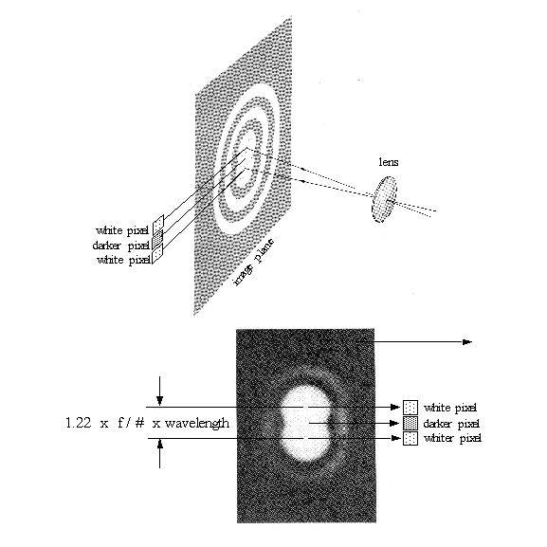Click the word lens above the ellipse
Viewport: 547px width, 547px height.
pos(389,162)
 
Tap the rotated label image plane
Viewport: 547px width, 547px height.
pos(253,263)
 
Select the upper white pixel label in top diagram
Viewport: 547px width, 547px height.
pos(122,230)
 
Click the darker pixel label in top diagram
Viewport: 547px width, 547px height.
pos(121,246)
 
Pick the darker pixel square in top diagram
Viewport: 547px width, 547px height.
pos(157,237)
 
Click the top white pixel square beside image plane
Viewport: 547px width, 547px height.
pos(158,224)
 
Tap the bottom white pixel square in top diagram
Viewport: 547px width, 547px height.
pos(157,253)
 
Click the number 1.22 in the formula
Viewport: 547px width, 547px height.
pos(79,423)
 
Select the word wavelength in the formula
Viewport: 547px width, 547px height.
pos(197,423)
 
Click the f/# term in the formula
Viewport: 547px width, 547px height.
pos(131,423)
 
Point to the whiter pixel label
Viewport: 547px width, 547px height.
pos(452,438)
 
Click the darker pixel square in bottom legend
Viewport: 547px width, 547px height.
pos(410,423)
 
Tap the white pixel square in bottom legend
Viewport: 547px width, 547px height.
pos(410,408)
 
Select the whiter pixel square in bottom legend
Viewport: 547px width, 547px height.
pos(410,438)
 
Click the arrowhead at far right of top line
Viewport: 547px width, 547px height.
pos(467,342)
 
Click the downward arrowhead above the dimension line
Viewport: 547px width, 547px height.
pos(160,400)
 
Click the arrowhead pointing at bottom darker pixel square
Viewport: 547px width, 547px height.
pos(394,423)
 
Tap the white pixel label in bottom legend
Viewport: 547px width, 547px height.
pos(450,408)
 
